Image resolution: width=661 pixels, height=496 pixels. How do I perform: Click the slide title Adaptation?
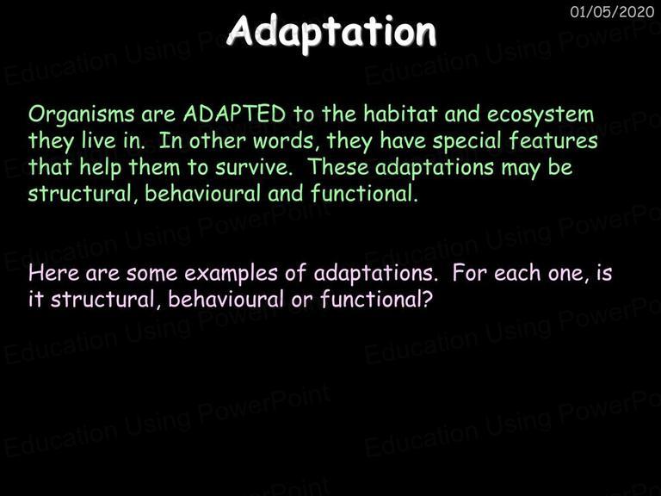[331, 33]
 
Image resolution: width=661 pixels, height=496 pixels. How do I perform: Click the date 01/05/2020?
[612, 12]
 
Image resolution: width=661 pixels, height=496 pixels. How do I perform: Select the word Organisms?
[82, 115]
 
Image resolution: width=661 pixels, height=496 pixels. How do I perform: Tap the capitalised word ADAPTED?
[234, 114]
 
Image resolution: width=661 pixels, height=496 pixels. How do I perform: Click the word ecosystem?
[541, 115]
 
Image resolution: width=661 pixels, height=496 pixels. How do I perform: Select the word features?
[553, 140]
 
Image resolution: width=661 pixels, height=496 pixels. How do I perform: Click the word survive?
[253, 167]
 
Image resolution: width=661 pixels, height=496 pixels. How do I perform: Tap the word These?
[338, 166]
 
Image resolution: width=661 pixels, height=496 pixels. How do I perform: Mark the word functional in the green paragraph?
[364, 193]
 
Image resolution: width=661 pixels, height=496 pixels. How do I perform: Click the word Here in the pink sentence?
[53, 273]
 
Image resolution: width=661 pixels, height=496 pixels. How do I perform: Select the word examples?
[231, 274]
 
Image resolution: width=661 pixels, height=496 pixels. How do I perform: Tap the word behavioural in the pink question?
[226, 300]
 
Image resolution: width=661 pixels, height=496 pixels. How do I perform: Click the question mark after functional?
[428, 299]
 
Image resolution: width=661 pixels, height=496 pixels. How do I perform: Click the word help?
[101, 167]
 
